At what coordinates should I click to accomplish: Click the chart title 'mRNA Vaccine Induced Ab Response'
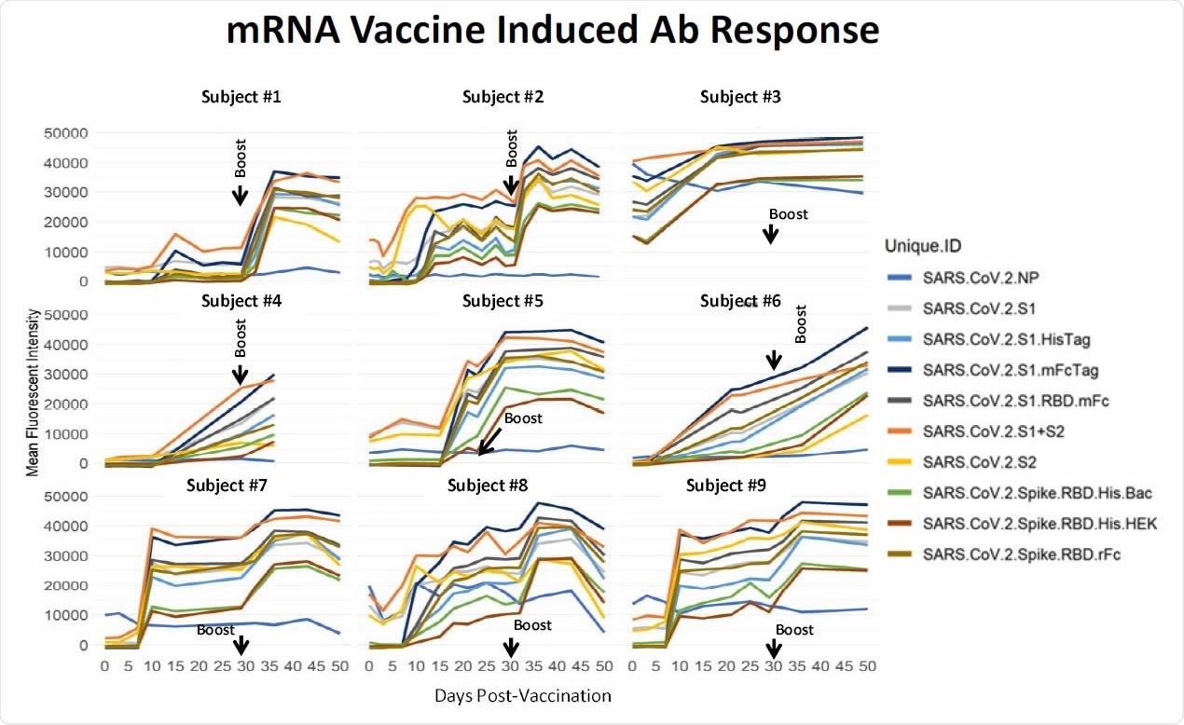(x=553, y=32)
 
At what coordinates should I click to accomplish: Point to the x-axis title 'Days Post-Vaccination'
(x=522, y=696)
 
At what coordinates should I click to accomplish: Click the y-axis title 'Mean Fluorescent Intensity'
(x=33, y=390)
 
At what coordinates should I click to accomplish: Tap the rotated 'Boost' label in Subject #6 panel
(x=798, y=321)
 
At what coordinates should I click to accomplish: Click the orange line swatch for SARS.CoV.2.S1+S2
(x=900, y=434)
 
